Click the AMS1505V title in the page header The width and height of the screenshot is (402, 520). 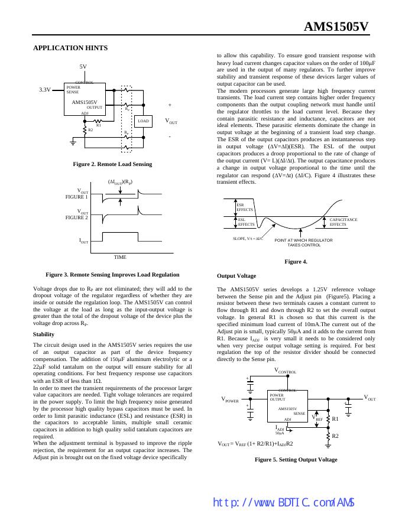click(336, 27)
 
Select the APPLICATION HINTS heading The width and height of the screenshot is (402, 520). click(70, 48)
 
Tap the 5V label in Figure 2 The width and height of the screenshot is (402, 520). click(83, 67)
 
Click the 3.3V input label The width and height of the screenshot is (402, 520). click(45, 90)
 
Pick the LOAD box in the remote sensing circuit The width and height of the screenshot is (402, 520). click(143, 121)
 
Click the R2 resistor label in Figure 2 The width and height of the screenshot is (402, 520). click(90, 129)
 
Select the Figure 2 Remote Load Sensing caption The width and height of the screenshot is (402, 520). click(112, 164)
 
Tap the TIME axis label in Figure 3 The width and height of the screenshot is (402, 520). click(120, 257)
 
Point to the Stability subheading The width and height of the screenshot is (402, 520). click(44, 334)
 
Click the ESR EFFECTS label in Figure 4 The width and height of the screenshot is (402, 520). click(245, 207)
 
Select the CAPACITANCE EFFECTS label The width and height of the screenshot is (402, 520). click(343, 222)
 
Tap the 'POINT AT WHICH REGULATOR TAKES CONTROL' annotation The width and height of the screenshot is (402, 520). click(303, 242)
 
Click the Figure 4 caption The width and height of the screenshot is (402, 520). click(296, 261)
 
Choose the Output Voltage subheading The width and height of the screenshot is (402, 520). click(236, 276)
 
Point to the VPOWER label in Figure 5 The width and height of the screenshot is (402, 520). click(230, 399)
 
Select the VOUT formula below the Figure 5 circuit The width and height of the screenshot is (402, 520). click(255, 443)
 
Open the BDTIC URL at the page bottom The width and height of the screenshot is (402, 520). click(283, 503)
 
